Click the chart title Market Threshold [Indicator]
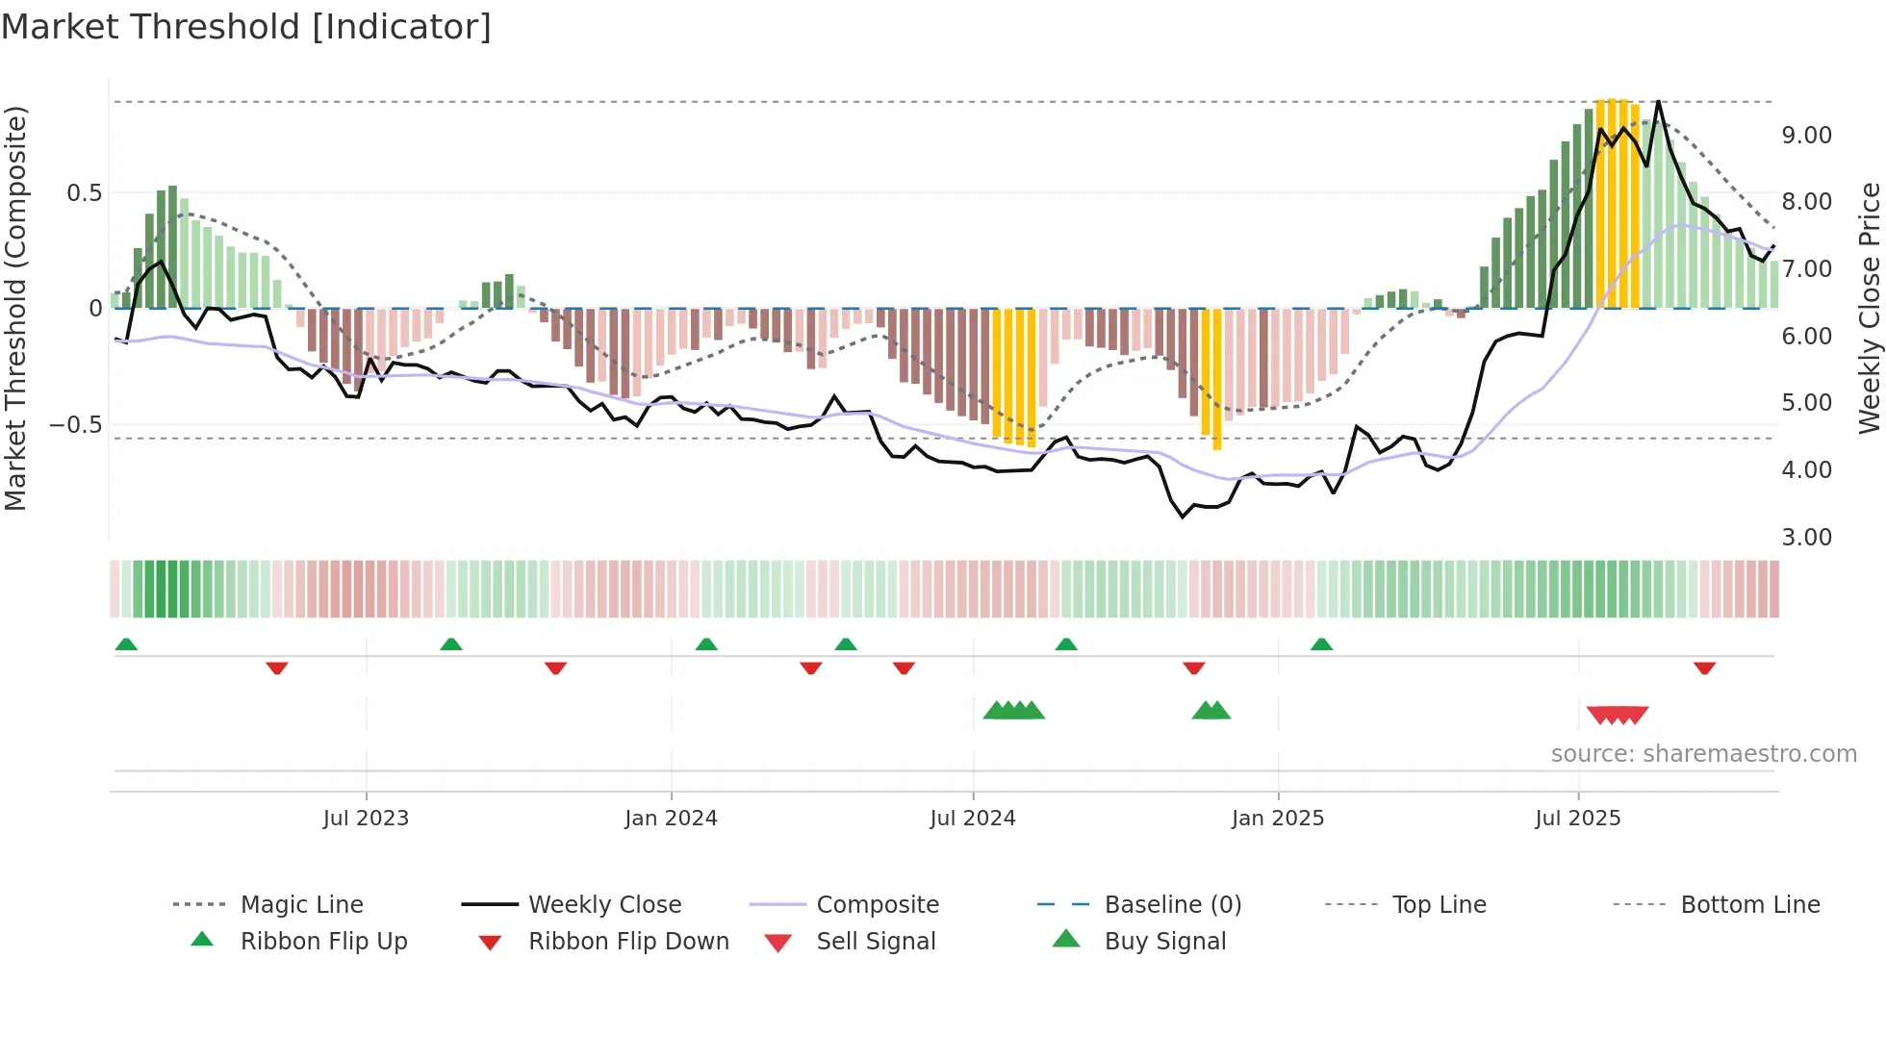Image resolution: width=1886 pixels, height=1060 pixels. point(246,27)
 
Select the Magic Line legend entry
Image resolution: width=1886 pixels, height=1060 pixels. point(301,904)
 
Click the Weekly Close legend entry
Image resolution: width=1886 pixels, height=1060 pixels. point(604,904)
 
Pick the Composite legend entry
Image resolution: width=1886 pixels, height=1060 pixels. point(877,904)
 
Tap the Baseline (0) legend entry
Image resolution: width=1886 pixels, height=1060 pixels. point(1172,904)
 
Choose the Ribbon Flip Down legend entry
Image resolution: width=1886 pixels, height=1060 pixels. point(627,941)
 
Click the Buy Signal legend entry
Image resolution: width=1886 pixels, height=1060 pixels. point(1164,941)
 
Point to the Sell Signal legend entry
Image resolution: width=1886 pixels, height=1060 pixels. point(875,941)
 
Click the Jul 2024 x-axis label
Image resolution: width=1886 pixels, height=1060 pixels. point(972,819)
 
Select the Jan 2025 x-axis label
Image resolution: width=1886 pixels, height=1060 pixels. point(1277,819)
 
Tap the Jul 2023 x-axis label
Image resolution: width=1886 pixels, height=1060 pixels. point(366,819)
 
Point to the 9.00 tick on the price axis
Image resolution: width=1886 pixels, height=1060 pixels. point(1806,136)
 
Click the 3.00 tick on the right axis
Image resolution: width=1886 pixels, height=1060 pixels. point(1806,538)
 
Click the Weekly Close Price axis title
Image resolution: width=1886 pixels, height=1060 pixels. point(1868,308)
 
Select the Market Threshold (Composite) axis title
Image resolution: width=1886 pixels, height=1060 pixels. point(15,308)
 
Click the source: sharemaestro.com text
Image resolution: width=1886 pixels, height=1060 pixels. point(1703,754)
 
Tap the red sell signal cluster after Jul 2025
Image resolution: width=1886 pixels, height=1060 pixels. point(1618,715)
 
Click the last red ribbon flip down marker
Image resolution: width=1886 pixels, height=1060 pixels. point(1704,668)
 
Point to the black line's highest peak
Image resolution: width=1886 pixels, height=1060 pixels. point(1658,101)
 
